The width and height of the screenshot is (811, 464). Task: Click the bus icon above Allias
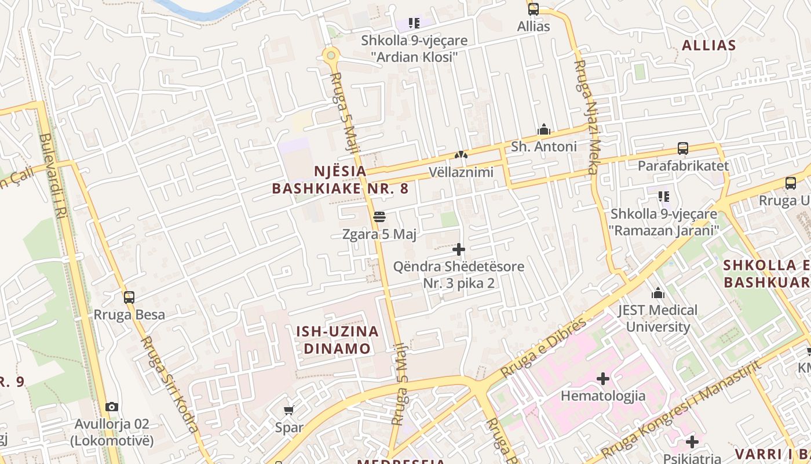(x=534, y=9)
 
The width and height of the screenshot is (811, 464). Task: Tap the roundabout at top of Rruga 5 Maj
(x=331, y=56)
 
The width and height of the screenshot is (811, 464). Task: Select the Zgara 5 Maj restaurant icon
(x=379, y=217)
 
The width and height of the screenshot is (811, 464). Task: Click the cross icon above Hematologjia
(x=603, y=379)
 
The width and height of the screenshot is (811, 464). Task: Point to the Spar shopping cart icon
(x=288, y=410)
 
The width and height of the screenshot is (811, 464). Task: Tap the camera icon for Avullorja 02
(x=112, y=407)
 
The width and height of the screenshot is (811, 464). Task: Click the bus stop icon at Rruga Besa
(x=129, y=298)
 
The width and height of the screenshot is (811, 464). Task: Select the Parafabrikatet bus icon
(x=683, y=148)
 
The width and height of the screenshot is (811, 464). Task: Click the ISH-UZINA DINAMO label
(x=338, y=340)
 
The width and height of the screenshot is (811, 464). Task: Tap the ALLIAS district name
(x=708, y=45)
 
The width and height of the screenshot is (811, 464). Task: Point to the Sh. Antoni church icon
(x=543, y=129)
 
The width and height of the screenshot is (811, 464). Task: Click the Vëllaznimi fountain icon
(x=461, y=155)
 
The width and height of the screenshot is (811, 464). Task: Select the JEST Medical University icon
(x=657, y=293)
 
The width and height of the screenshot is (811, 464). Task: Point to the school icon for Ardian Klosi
(x=414, y=23)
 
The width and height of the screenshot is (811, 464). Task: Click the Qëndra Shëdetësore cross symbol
(x=459, y=250)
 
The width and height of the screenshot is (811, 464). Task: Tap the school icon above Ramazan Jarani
(x=663, y=197)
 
